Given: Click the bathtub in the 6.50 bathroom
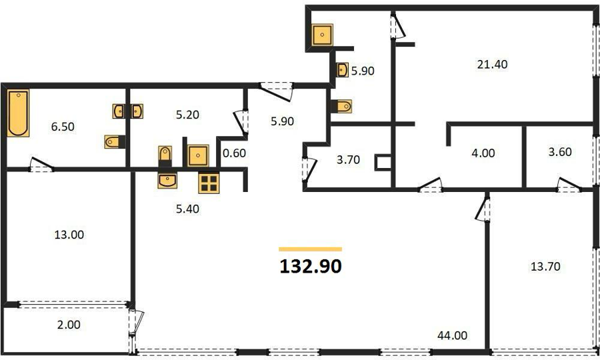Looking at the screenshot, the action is (x=19, y=113).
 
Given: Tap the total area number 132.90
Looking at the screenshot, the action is (x=311, y=266).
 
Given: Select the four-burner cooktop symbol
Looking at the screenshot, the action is (x=209, y=183).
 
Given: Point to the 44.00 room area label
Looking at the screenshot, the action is (x=452, y=335).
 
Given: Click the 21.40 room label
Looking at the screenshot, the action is (x=492, y=64).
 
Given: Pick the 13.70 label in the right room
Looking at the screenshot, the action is (x=545, y=266).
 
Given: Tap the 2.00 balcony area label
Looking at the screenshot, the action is (x=69, y=325).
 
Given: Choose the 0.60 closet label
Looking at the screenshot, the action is (x=234, y=153).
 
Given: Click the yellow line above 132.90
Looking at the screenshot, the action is (x=310, y=249).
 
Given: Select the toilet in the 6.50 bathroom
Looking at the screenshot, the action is (x=115, y=141).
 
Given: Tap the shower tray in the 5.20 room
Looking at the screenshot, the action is (x=198, y=155).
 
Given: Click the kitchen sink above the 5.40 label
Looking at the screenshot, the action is (x=167, y=180).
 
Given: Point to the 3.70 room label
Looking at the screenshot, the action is (x=348, y=159).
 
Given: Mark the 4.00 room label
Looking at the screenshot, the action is (x=483, y=153).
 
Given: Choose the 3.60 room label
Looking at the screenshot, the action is (x=560, y=152).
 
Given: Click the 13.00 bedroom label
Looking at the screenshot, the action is (x=69, y=235).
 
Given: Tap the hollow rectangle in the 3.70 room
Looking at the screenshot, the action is (x=383, y=162).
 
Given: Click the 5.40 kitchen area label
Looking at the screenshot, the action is (x=187, y=209).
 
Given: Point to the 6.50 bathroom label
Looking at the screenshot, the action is (x=63, y=127).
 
